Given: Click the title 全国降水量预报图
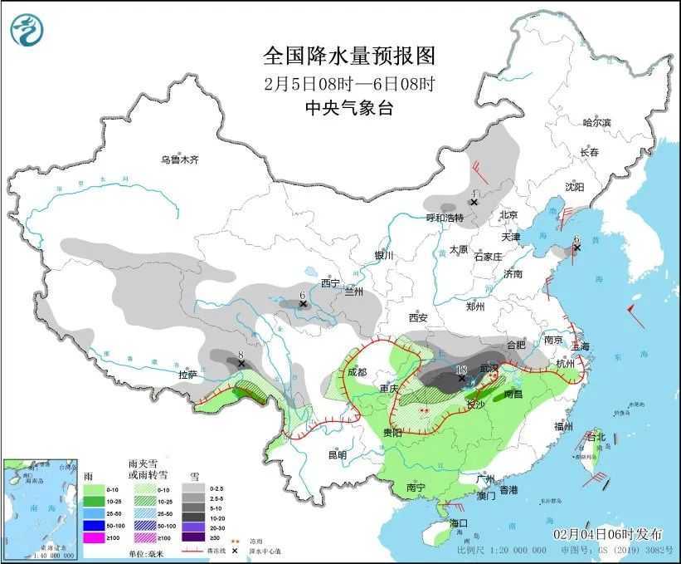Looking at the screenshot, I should [348, 56].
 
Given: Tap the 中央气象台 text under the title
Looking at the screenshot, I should [348, 107].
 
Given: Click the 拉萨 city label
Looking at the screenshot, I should [188, 375].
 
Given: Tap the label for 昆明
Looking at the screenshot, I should [337, 454].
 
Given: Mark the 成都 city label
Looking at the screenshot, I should [358, 372].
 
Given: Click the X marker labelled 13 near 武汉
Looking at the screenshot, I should [462, 377].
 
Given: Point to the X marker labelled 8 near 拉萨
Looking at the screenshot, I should [241, 363].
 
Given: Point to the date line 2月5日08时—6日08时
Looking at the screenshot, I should [348, 83].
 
